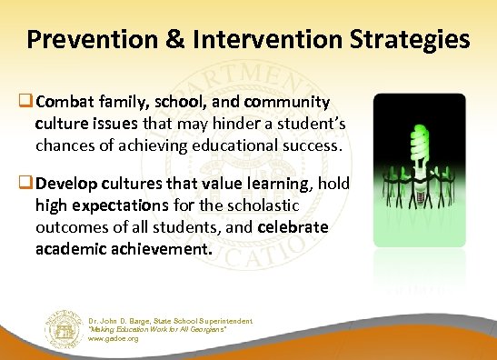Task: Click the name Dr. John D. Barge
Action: click(x=122, y=321)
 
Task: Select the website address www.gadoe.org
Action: click(x=114, y=339)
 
